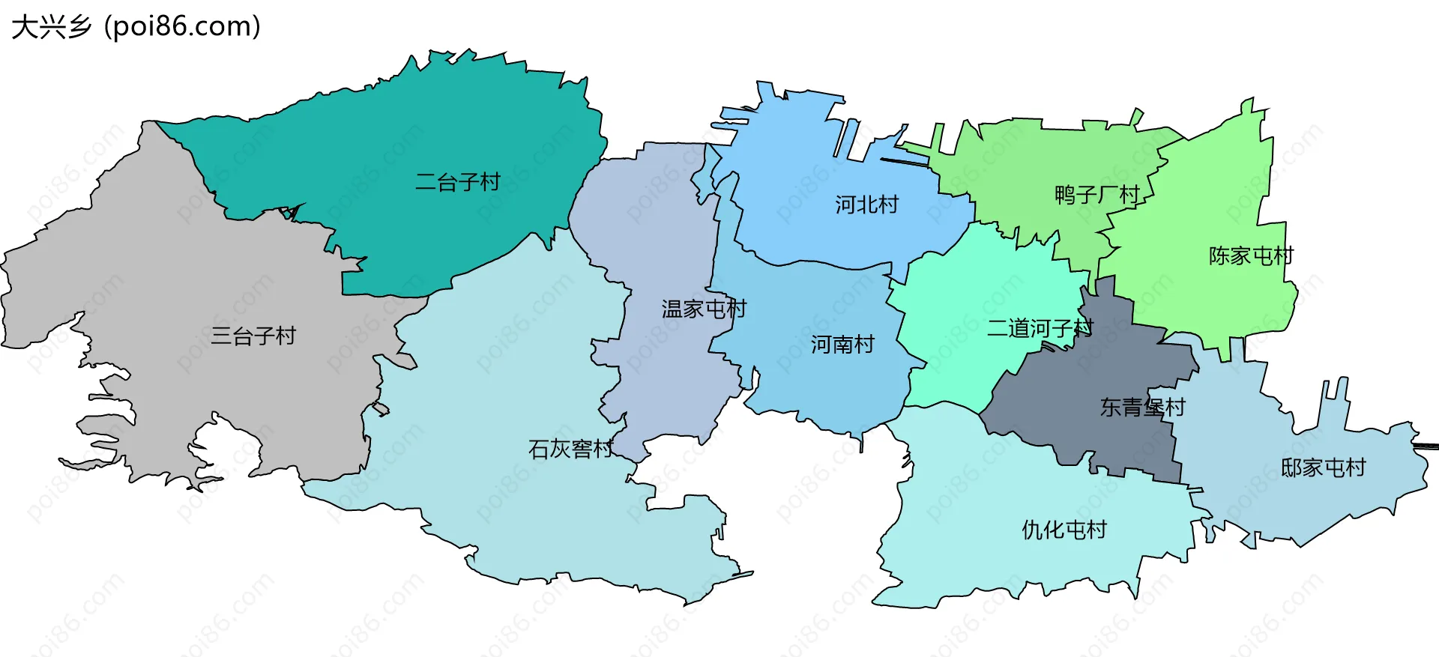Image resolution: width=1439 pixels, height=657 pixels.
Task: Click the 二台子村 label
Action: pos(457,182)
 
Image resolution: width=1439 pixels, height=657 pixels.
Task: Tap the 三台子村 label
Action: pos(253,336)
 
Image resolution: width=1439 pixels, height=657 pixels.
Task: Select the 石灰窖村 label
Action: pos(571,449)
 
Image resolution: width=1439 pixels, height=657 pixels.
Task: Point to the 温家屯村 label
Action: pos(704,309)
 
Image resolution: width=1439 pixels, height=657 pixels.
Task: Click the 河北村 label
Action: pos(866,205)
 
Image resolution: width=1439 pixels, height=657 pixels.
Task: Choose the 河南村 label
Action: pos(842,345)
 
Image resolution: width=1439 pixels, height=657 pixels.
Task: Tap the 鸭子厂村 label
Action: pos(1096,196)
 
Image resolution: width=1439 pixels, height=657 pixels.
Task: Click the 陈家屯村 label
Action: pos(1251,256)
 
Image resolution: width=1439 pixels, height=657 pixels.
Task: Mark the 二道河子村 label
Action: pos(1040,328)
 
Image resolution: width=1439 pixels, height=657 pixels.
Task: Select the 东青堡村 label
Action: pos(1142,408)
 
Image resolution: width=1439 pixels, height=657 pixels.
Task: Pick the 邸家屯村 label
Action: pos(1323,468)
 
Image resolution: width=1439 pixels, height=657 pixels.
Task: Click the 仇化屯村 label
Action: pos(1064,530)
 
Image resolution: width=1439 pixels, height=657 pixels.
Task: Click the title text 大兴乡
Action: pos(51,27)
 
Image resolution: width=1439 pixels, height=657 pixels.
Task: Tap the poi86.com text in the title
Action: pos(183,27)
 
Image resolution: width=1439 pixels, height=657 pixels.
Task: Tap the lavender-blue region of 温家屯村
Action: pos(660,225)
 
